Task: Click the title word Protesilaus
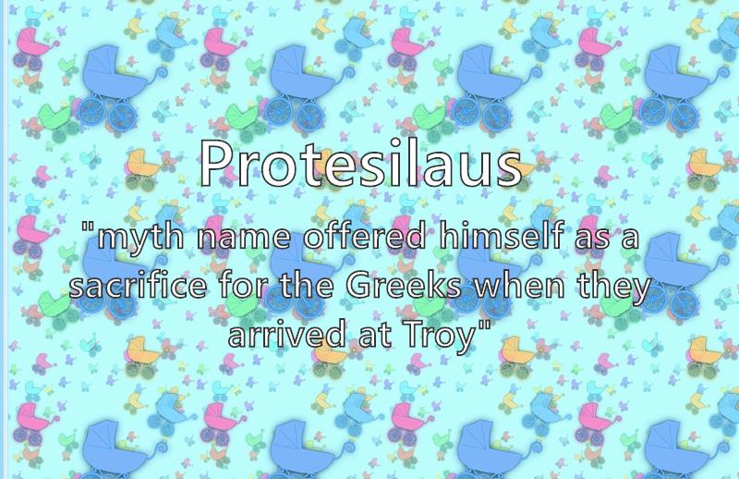click(361, 162)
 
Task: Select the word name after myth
click(244, 239)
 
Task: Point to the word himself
click(502, 235)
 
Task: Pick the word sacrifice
click(138, 286)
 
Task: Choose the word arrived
click(287, 334)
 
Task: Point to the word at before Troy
click(375, 336)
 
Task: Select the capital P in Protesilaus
click(214, 162)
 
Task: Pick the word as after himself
click(590, 239)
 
